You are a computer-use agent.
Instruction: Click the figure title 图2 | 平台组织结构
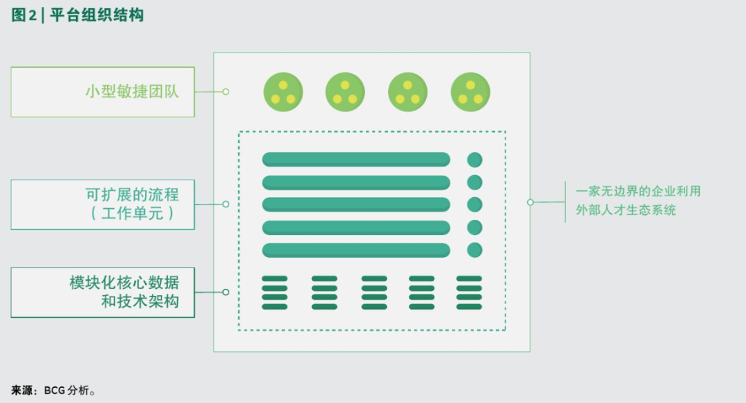click(x=77, y=16)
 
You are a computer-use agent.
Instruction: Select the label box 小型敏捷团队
click(x=103, y=92)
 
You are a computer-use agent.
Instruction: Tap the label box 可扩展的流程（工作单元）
click(x=103, y=205)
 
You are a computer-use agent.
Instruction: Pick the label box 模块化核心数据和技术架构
click(x=103, y=292)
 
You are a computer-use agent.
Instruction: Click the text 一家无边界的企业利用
click(x=638, y=191)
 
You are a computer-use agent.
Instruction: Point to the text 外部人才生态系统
click(x=626, y=210)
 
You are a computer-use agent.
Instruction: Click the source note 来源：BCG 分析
click(x=53, y=391)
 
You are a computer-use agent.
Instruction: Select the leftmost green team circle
click(x=283, y=92)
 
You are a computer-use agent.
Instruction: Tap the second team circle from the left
click(x=345, y=92)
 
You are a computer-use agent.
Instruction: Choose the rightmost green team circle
click(x=470, y=92)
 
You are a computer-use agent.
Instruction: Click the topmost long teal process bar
click(x=356, y=160)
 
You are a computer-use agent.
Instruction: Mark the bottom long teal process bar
click(x=356, y=250)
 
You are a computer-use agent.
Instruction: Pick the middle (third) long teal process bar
click(x=356, y=205)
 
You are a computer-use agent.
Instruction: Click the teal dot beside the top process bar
click(x=475, y=160)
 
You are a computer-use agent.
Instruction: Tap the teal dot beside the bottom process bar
click(x=475, y=250)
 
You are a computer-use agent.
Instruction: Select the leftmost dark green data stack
click(x=275, y=292)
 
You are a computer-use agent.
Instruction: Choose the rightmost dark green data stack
click(x=469, y=292)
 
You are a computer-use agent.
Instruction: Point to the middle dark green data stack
click(x=374, y=292)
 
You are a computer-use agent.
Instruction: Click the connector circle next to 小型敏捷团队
click(x=226, y=91)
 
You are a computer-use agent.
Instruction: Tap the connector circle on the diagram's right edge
click(x=530, y=203)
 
